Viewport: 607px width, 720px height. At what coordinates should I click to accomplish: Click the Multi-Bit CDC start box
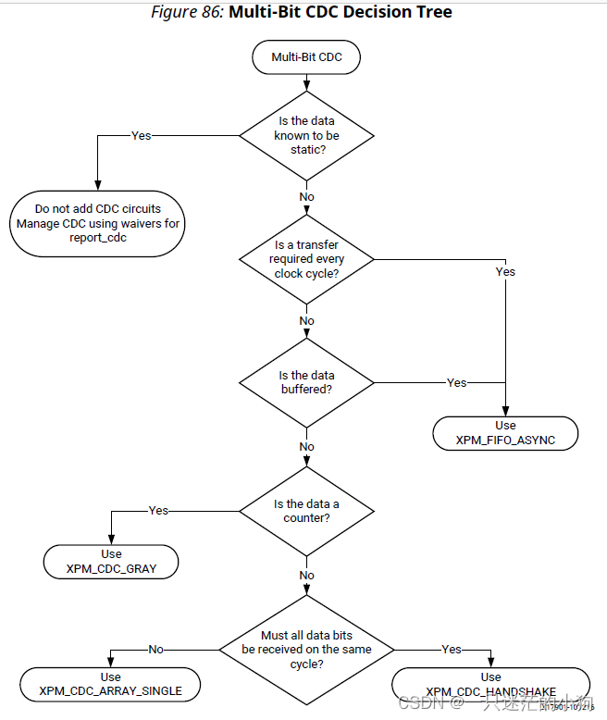pyautogui.click(x=306, y=57)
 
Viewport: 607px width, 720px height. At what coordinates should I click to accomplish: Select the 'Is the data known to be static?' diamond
pyautogui.click(x=306, y=135)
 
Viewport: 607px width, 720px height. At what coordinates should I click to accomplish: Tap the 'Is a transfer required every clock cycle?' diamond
pyautogui.click(x=306, y=259)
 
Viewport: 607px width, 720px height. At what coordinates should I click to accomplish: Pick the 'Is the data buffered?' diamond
pyautogui.click(x=306, y=382)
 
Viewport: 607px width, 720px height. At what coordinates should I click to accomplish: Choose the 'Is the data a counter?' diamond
pyautogui.click(x=306, y=511)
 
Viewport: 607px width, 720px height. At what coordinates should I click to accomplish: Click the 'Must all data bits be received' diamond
pyautogui.click(x=306, y=650)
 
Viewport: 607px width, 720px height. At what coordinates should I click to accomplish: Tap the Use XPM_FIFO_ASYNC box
pyautogui.click(x=505, y=433)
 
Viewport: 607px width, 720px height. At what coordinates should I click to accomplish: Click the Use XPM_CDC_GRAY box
pyautogui.click(x=111, y=562)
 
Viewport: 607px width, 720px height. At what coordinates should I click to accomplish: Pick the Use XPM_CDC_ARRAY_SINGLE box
pyautogui.click(x=111, y=684)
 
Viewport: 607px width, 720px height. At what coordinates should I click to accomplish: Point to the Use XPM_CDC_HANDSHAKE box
pyautogui.click(x=491, y=684)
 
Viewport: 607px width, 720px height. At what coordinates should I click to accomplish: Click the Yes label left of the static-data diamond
pyautogui.click(x=141, y=135)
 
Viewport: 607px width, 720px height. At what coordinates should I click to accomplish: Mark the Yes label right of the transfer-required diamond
pyautogui.click(x=505, y=271)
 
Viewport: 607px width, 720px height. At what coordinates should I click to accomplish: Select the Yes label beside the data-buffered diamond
pyautogui.click(x=457, y=382)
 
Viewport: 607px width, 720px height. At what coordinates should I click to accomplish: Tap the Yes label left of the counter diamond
pyautogui.click(x=158, y=511)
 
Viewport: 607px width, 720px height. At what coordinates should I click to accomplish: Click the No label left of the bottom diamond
pyautogui.click(x=156, y=650)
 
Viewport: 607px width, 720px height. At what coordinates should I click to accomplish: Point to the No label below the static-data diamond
pyautogui.click(x=306, y=197)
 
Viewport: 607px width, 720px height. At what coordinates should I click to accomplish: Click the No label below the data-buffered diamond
pyautogui.click(x=306, y=447)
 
